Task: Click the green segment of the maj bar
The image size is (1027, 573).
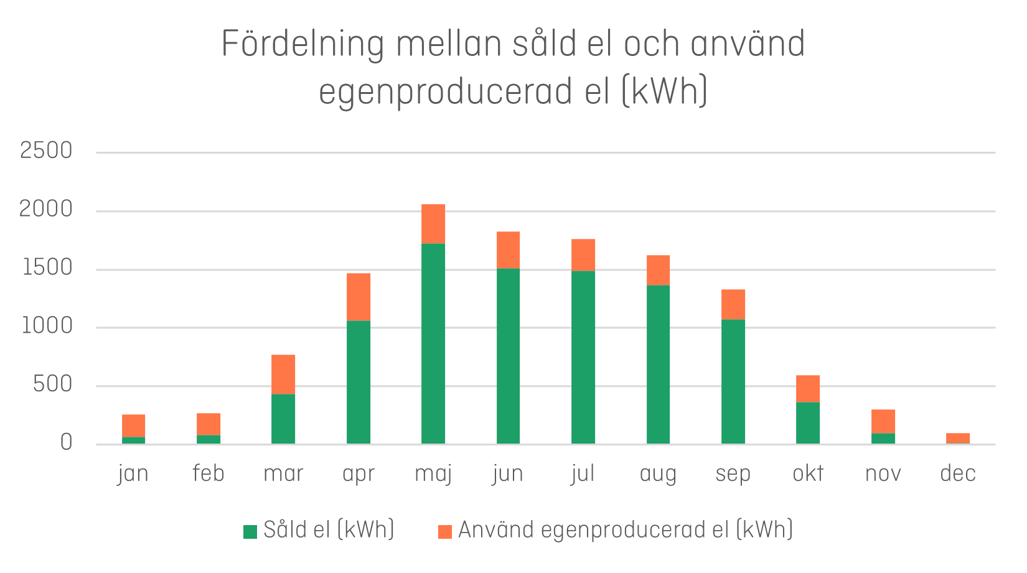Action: [433, 343]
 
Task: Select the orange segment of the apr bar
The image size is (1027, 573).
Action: [359, 297]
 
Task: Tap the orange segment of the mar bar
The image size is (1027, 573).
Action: [283, 374]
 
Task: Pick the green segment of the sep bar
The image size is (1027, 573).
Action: [733, 381]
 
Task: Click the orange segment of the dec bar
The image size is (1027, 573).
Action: [958, 437]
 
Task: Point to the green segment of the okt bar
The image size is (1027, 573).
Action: [808, 422]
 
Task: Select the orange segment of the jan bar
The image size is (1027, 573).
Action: [133, 426]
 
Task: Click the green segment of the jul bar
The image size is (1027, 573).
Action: [583, 357]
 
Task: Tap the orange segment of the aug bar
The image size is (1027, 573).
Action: [658, 270]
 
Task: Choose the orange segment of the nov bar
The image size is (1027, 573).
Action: [883, 421]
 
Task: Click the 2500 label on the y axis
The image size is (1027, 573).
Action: [46, 151]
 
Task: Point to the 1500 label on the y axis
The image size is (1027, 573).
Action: [47, 268]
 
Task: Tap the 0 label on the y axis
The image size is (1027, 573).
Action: [66, 443]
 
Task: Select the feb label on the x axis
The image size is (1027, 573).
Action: [208, 473]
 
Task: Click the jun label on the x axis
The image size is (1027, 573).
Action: [507, 474]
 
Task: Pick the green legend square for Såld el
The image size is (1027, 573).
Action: [250, 531]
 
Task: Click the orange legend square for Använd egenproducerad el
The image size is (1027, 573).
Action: [444, 531]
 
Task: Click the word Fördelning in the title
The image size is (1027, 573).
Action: [302, 45]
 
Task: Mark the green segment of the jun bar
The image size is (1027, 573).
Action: [508, 356]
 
